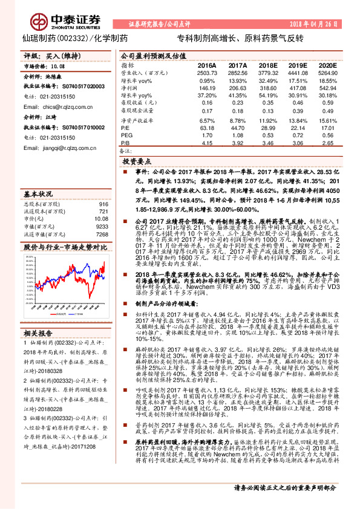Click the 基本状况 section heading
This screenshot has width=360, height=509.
click(39, 195)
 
